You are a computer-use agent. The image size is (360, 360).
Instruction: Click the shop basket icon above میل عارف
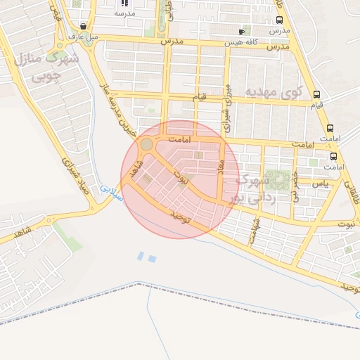click(x=83, y=26)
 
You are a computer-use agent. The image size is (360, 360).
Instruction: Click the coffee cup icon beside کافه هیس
click(x=243, y=32)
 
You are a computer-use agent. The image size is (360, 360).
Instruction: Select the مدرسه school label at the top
click(x=124, y=13)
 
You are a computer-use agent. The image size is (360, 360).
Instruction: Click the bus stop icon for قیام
click(x=316, y=94)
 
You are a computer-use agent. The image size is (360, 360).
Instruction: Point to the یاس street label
click(x=321, y=184)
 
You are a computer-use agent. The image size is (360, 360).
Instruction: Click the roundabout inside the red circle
click(x=146, y=145)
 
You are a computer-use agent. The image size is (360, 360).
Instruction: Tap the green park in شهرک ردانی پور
click(x=281, y=180)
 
